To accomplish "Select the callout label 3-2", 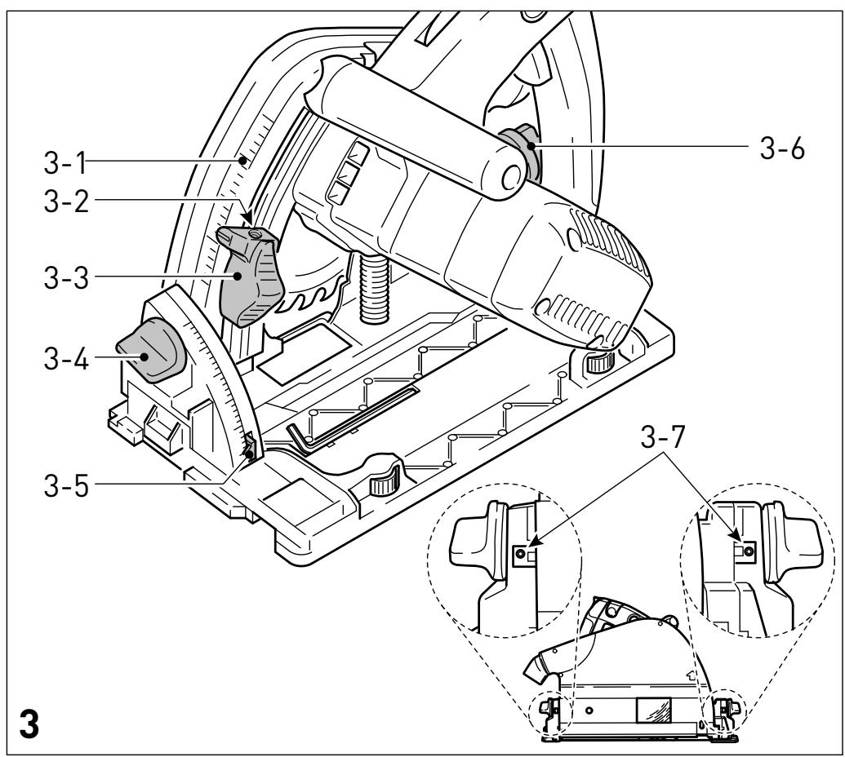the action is point(66,201).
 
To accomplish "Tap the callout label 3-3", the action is point(66,278).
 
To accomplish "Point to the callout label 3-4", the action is point(66,358).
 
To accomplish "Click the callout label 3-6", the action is point(782,148).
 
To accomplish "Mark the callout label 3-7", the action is point(663,437).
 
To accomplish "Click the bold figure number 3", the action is point(29,724).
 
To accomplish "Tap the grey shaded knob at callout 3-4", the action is point(151,351).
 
